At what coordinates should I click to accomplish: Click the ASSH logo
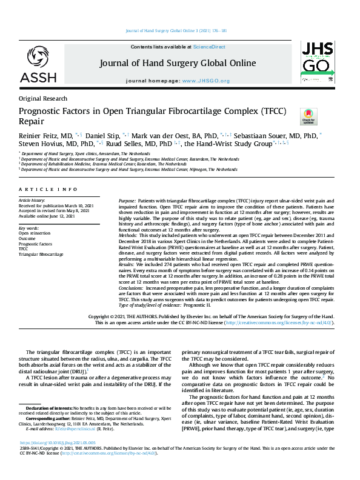pos(39,63)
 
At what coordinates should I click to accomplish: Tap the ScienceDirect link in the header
pos(208,47)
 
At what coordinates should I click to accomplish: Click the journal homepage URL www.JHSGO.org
pos(206,81)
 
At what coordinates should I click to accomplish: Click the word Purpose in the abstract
pos(127,199)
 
